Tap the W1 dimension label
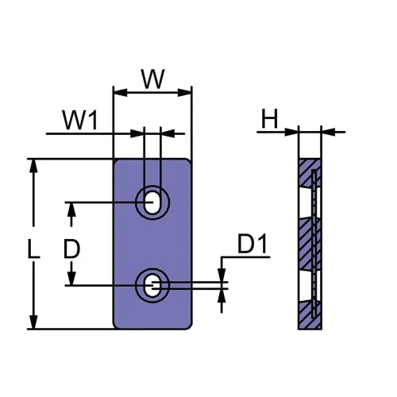(81, 121)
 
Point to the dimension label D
(71, 249)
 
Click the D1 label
(253, 246)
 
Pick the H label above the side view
(270, 120)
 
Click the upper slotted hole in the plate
(152, 202)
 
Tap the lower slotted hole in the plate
(152, 285)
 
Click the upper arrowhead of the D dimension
(71, 208)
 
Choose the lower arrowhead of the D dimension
(71, 279)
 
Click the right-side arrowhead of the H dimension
(328, 131)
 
